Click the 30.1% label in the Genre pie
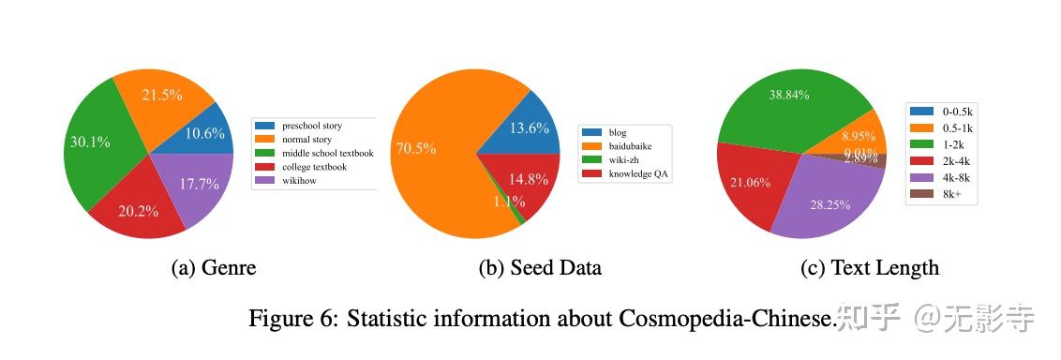pyautogui.click(x=90, y=142)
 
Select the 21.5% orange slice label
pyautogui.click(x=162, y=95)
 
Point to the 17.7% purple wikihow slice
pyautogui.click(x=199, y=184)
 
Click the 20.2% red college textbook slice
pyautogui.click(x=139, y=211)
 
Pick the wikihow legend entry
pyautogui.click(x=300, y=180)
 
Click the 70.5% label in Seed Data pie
pyautogui.click(x=415, y=148)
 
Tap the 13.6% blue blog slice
pyautogui.click(x=529, y=128)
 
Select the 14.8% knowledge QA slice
pyautogui.click(x=529, y=179)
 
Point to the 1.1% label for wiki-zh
pyautogui.click(x=510, y=202)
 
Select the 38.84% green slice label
pyautogui.click(x=789, y=95)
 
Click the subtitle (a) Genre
pyautogui.click(x=214, y=268)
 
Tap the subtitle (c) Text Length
pyautogui.click(x=869, y=268)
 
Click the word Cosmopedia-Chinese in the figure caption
pyautogui.click(x=726, y=319)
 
